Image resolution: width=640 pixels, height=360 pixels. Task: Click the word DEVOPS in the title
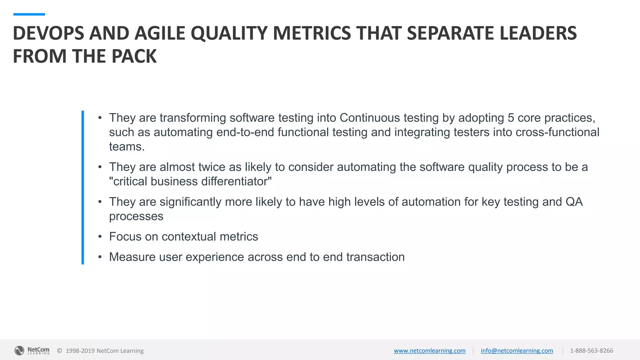tap(48, 33)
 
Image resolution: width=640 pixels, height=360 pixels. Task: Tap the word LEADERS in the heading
tap(538, 33)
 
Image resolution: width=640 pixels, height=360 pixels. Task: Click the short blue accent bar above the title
tap(29, 14)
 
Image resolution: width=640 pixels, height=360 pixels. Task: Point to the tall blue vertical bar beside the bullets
tap(83, 187)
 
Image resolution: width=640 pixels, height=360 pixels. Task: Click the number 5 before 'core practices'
tap(511, 118)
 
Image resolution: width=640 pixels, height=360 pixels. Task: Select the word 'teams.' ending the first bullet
tap(127, 147)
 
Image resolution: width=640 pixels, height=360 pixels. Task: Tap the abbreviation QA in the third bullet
tap(574, 202)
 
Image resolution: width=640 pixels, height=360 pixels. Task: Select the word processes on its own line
tap(136, 216)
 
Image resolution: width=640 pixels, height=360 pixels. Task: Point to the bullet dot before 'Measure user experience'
tap(100, 257)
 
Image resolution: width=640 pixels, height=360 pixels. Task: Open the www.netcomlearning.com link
tap(429, 351)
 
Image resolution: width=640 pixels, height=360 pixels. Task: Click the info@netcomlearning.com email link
tap(517, 351)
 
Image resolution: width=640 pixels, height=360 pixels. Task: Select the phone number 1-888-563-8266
tap(591, 351)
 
